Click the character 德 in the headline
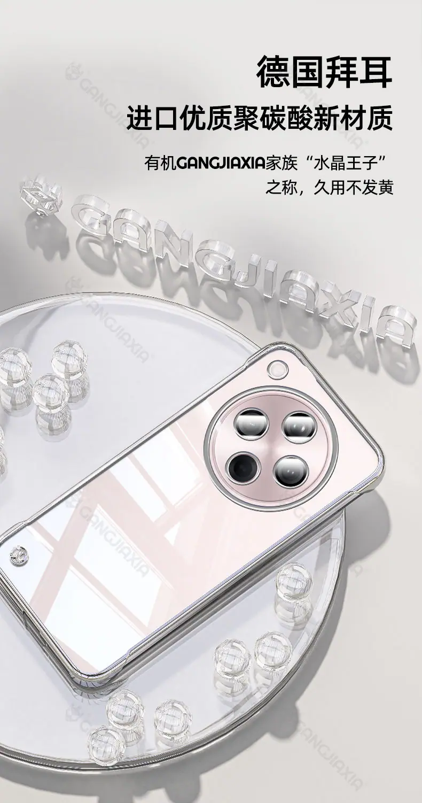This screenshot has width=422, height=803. click(274, 71)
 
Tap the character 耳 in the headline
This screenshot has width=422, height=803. click(376, 71)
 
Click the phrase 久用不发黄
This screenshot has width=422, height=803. click(353, 188)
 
